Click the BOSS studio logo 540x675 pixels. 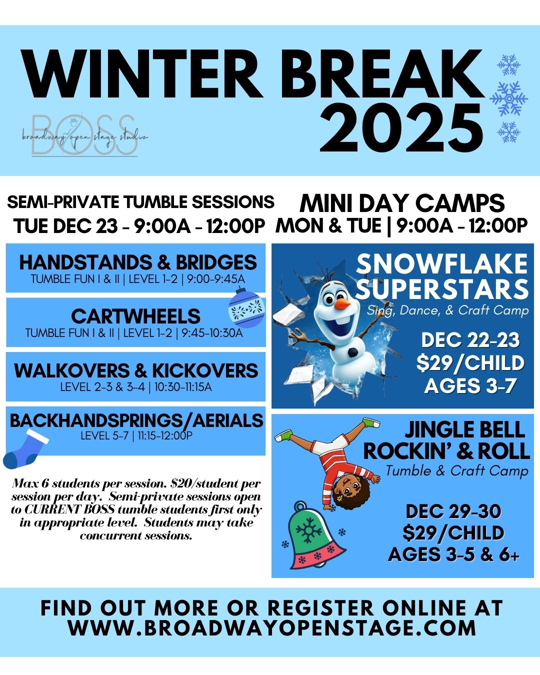pos(84,135)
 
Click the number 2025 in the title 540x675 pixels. pos(401,127)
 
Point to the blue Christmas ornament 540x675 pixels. pos(246,308)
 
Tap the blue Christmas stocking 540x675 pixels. pos(25,449)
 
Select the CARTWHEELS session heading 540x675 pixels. pos(135,316)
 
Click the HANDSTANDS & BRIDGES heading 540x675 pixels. pos(138,262)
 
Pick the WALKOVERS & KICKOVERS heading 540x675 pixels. pos(136,370)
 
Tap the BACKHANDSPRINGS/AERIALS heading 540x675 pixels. pos(136,420)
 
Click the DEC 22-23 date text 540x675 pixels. pos(470,340)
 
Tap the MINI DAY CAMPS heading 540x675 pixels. pos(402,203)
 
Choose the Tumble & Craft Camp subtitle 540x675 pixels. pos(457,471)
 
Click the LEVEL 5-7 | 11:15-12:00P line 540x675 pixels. pos(136,435)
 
